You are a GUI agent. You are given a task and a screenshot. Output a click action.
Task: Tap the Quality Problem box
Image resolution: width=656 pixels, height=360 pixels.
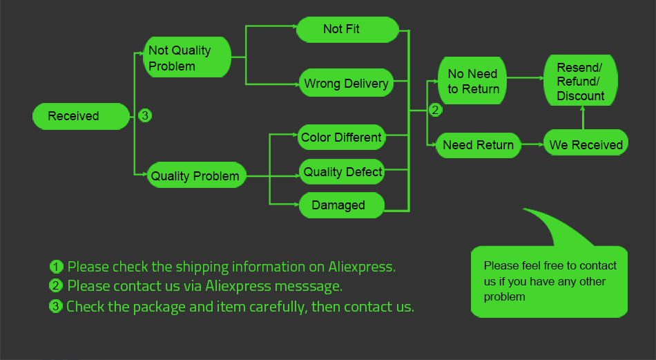click(x=195, y=176)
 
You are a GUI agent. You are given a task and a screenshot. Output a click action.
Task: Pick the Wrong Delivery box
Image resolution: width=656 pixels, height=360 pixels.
click(x=346, y=84)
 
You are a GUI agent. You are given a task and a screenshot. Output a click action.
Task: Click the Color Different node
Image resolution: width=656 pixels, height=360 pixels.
click(x=341, y=138)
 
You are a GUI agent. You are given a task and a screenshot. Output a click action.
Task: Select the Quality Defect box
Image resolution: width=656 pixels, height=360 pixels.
click(x=343, y=171)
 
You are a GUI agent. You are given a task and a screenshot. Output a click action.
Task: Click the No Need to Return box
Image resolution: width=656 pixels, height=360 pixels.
click(x=473, y=82)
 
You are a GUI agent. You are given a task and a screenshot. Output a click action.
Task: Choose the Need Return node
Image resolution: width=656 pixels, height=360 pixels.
click(x=478, y=145)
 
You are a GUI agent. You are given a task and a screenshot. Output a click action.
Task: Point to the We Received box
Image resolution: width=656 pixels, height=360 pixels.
click(x=586, y=144)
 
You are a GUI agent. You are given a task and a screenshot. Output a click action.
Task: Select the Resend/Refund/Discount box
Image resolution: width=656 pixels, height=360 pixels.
click(x=580, y=82)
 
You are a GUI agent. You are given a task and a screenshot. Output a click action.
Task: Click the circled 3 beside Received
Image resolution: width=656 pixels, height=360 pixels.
click(x=144, y=115)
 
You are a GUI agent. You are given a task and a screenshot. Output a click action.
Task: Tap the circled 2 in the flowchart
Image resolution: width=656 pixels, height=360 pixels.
click(x=435, y=109)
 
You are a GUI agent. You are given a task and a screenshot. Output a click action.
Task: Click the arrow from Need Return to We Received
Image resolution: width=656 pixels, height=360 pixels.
click(x=532, y=144)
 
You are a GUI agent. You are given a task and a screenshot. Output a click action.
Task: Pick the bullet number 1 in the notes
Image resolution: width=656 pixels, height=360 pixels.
click(x=57, y=267)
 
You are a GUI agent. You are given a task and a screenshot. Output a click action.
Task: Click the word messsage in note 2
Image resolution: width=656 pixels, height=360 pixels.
click(x=311, y=285)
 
